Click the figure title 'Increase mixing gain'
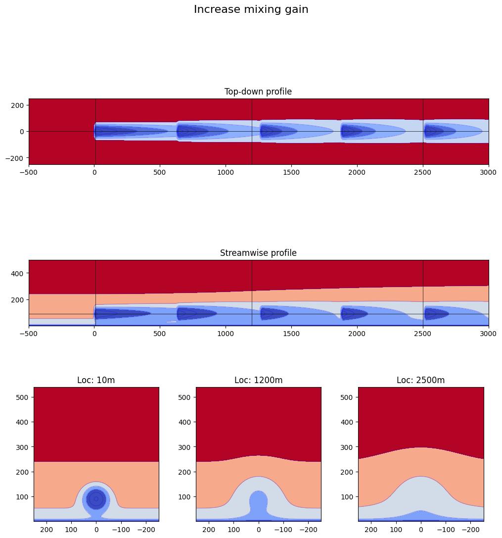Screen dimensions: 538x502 click(251, 9)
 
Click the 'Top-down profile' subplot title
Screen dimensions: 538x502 click(258, 92)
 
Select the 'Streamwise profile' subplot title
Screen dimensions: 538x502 click(258, 253)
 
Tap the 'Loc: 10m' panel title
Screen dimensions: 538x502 click(96, 380)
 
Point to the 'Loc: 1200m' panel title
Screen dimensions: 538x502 click(258, 380)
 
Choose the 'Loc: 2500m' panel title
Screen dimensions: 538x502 click(420, 380)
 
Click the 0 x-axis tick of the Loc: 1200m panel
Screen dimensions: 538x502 click(258, 529)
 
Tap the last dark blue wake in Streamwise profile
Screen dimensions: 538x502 click(435, 314)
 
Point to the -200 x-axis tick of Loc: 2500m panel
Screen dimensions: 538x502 click(471, 529)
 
